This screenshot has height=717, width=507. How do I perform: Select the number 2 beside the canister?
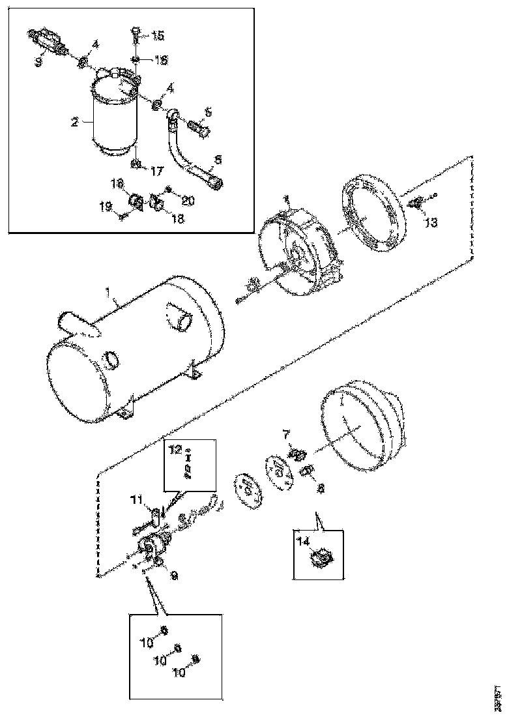[x=76, y=121]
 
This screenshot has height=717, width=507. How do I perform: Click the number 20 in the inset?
[x=188, y=201]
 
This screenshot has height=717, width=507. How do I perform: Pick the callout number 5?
[x=207, y=112]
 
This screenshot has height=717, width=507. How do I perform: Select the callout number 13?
[x=431, y=222]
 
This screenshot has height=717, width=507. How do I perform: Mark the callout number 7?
[x=285, y=434]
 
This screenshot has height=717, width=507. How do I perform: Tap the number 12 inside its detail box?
[x=175, y=449]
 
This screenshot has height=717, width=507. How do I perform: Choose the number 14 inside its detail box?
[x=304, y=540]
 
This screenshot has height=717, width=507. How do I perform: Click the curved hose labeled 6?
[x=189, y=156]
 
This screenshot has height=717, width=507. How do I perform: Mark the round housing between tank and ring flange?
[x=297, y=248]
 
